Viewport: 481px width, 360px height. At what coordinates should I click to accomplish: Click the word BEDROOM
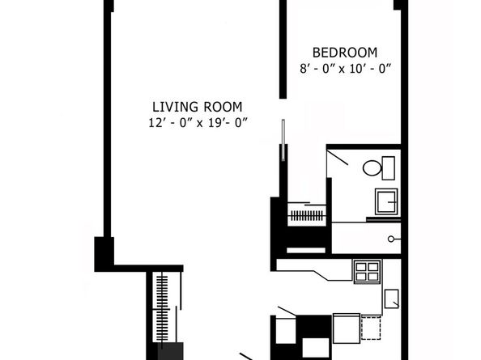(x=345, y=53)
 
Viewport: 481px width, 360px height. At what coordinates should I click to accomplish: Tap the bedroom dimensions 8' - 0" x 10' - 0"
(x=346, y=69)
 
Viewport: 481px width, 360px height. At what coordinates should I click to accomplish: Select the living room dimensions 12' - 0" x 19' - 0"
(x=198, y=123)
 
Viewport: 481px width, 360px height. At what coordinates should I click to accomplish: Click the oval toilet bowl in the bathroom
(x=372, y=168)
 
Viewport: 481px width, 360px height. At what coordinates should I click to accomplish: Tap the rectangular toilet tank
(x=388, y=168)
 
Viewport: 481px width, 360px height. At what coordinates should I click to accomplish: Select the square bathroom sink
(x=386, y=202)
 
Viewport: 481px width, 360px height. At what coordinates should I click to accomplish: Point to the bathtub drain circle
(x=391, y=239)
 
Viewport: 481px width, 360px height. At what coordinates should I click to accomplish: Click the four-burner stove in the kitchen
(x=367, y=272)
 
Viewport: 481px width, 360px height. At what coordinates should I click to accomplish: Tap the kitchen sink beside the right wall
(x=392, y=299)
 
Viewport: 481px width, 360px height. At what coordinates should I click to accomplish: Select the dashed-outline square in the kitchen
(x=371, y=328)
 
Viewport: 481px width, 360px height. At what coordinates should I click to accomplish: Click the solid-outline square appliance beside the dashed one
(x=347, y=328)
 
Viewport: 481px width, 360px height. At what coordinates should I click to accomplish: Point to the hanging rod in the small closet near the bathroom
(x=307, y=216)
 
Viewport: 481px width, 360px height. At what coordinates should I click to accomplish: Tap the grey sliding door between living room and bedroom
(x=283, y=140)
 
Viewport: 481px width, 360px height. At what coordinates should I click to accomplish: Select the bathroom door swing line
(x=338, y=158)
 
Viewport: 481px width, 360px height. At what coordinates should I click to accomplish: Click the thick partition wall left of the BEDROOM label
(x=283, y=49)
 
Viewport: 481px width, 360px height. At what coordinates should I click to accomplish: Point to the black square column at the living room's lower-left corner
(x=104, y=254)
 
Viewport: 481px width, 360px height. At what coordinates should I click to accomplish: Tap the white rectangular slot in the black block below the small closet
(x=306, y=250)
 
